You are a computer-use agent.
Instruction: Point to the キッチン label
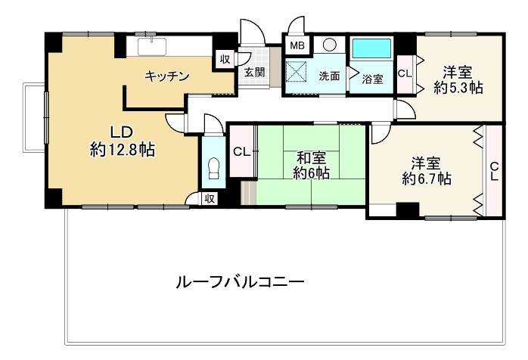click(166, 76)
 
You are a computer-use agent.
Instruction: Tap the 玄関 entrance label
click(254, 73)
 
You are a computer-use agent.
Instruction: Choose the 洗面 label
click(329, 76)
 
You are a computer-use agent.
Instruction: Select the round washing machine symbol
click(329, 45)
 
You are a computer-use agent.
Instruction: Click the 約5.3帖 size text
click(458, 88)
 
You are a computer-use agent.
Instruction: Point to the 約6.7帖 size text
click(427, 179)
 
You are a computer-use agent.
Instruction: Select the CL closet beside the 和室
click(241, 152)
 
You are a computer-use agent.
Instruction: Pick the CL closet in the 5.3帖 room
click(404, 73)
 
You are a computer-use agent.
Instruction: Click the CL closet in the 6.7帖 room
click(494, 172)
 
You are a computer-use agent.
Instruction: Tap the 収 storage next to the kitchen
click(225, 60)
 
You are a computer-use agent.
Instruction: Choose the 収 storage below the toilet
click(210, 198)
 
